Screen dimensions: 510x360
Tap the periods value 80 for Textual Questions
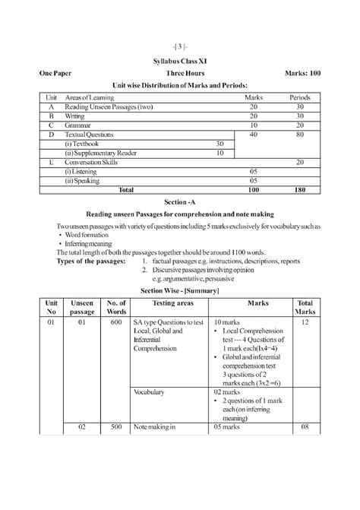pos(300,134)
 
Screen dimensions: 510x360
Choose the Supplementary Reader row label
pos(103,153)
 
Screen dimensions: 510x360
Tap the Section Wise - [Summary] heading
pos(179,290)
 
